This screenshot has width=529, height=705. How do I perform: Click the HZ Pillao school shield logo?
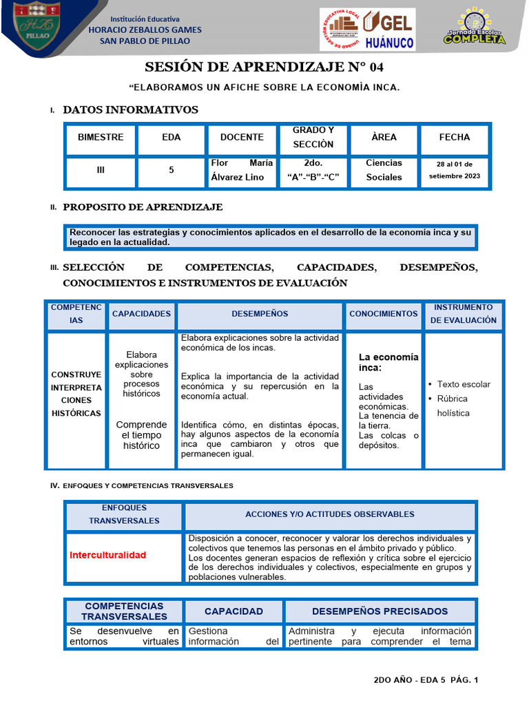pyautogui.click(x=37, y=28)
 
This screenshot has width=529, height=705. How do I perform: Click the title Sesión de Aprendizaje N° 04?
pyautogui.click(x=264, y=67)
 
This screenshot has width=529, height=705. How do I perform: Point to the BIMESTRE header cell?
pyautogui.click(x=101, y=138)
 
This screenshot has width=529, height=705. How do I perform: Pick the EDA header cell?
pyautogui.click(x=172, y=138)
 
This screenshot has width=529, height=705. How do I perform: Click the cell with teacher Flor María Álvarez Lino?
pyautogui.click(x=242, y=170)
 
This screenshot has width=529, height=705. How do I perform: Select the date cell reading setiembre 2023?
pyautogui.click(x=454, y=170)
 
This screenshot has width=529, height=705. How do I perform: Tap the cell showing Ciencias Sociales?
pyautogui.click(x=384, y=170)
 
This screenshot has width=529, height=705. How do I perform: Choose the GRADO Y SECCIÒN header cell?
pyautogui.click(x=313, y=138)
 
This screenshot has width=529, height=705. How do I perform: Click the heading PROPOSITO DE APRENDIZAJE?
pyautogui.click(x=143, y=207)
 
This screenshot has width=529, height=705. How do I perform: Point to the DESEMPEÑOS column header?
pyautogui.click(x=260, y=314)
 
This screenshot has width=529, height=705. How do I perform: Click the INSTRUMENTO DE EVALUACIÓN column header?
pyautogui.click(x=464, y=314)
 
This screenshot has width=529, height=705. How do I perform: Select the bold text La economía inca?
pyautogui.click(x=388, y=362)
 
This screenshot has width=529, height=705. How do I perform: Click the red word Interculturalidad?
pyautogui.click(x=108, y=555)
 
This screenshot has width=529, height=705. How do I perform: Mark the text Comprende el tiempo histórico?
pyautogui.click(x=141, y=435)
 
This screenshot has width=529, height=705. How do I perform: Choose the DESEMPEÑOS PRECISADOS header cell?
pyautogui.click(x=380, y=611)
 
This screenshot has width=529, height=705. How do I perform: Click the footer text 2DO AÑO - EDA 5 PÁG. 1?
pyautogui.click(x=425, y=680)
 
